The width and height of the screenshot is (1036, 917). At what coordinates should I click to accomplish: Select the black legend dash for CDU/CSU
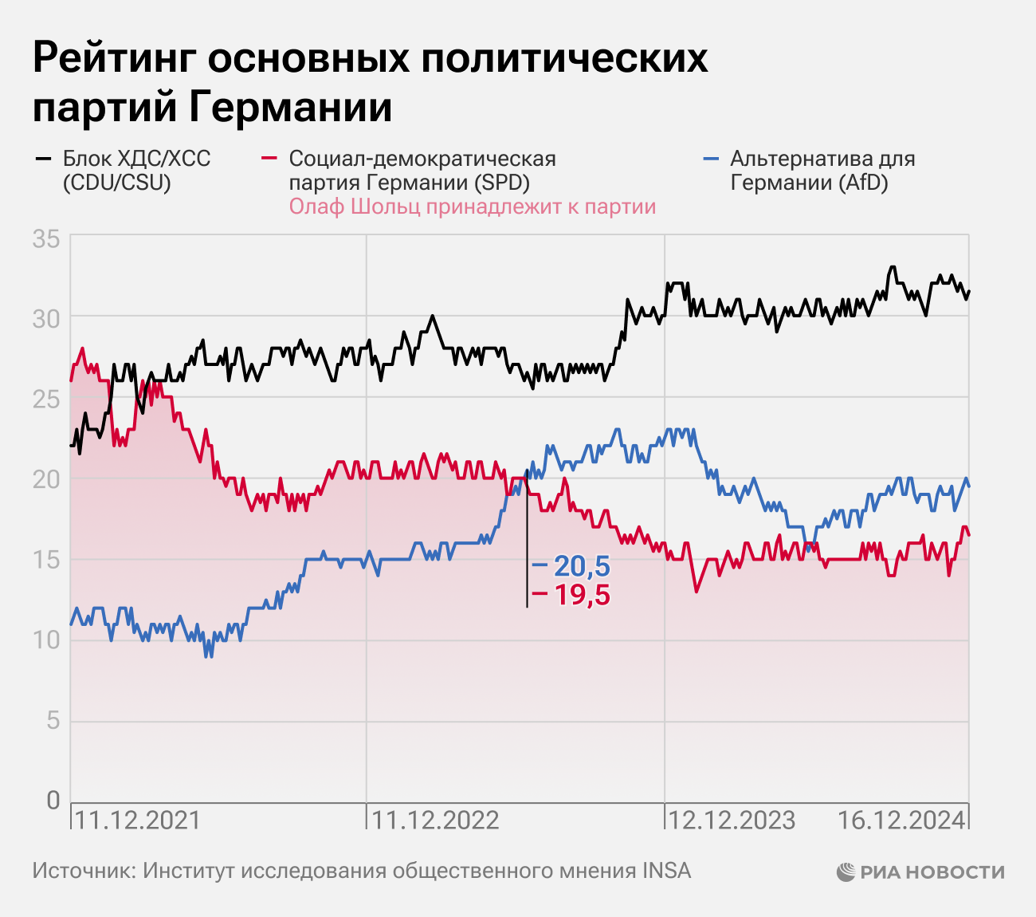(x=42, y=159)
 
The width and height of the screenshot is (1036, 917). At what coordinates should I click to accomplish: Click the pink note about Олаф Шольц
(x=472, y=207)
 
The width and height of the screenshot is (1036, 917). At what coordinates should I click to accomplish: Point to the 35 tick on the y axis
(x=46, y=238)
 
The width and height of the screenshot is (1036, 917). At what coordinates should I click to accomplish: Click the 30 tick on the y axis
(x=46, y=319)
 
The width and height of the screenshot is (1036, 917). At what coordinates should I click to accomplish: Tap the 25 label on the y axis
(x=46, y=399)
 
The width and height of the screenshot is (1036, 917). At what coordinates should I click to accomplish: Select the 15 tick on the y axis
(x=46, y=561)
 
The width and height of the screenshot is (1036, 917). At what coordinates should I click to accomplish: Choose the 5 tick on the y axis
(x=53, y=722)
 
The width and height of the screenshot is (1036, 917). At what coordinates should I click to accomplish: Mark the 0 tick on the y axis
(x=53, y=801)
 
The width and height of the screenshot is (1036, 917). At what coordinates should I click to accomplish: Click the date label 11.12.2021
(x=137, y=820)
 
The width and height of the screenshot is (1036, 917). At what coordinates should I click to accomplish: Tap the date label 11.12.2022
(x=435, y=820)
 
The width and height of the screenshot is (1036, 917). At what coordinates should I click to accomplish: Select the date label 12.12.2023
(x=731, y=820)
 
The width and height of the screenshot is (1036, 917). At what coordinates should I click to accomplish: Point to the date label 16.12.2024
(x=901, y=820)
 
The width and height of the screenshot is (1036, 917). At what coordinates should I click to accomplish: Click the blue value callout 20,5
(x=581, y=566)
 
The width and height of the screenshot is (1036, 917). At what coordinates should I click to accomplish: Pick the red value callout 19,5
(x=581, y=595)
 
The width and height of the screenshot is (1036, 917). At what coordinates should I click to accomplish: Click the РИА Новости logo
(x=920, y=872)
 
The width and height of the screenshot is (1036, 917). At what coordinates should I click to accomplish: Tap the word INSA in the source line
(x=667, y=871)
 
